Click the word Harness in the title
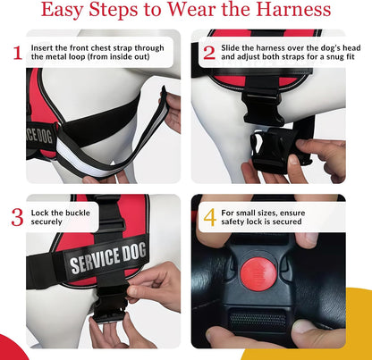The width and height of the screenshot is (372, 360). (293, 10)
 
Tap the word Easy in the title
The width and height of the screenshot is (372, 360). (62, 11)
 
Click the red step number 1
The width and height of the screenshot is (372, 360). (18, 53)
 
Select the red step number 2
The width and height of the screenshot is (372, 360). (209, 53)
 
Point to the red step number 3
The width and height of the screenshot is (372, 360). (17, 217)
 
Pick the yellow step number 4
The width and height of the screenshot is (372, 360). (210, 217)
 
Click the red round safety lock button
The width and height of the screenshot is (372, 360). (257, 274)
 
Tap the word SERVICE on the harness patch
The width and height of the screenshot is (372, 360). (95, 260)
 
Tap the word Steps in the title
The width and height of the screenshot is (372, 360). (114, 11)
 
